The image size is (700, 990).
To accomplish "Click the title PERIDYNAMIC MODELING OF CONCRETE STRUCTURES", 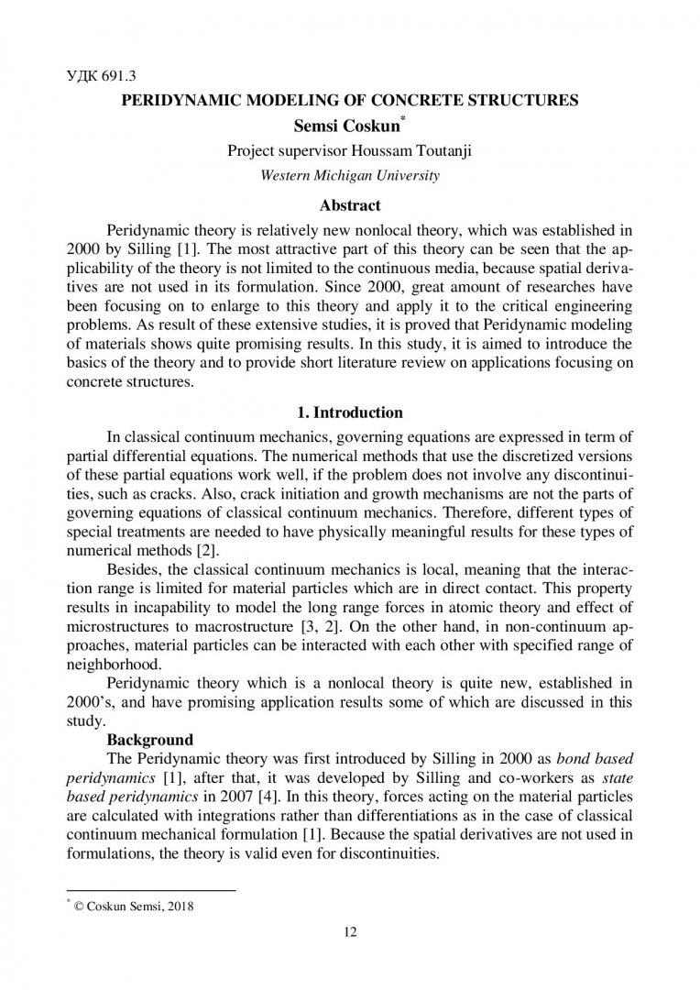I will coord(350,100).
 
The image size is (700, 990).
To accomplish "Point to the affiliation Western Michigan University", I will coord(350,174).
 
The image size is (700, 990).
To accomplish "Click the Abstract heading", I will coord(350,205).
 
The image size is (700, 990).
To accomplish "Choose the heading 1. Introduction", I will coord(350,413).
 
